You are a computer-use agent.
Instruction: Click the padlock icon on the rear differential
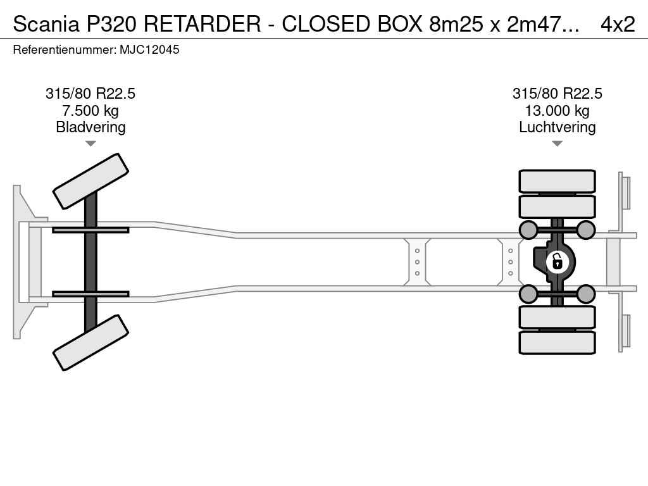pyautogui.click(x=557, y=261)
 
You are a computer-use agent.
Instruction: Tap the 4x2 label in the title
pyautogui.click(x=617, y=23)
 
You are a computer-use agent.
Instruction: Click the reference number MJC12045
pyautogui.click(x=149, y=49)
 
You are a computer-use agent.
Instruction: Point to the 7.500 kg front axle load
pyautogui.click(x=90, y=111)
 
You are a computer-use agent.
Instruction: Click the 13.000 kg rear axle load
pyautogui.click(x=557, y=111)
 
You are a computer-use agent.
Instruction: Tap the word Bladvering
pyautogui.click(x=90, y=127)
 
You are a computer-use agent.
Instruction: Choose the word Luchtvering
pyautogui.click(x=557, y=127)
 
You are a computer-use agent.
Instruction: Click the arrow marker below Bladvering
pyautogui.click(x=90, y=144)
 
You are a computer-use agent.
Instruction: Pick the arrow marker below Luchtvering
pyautogui.click(x=557, y=144)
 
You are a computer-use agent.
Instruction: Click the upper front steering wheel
pyautogui.click(x=90, y=181)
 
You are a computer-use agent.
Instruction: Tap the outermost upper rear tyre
pyautogui.click(x=557, y=181)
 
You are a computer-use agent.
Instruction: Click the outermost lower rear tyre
pyautogui.click(x=557, y=342)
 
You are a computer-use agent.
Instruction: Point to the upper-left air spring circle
pyautogui.click(x=528, y=229)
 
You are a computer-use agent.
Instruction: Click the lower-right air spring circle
pyautogui.click(x=586, y=294)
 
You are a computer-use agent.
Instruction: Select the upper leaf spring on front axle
pyautogui.click(x=90, y=230)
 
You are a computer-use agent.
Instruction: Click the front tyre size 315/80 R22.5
pyautogui.click(x=90, y=94)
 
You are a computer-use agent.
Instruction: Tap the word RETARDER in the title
pyautogui.click(x=201, y=23)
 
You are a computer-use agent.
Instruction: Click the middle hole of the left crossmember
pyautogui.click(x=417, y=262)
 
